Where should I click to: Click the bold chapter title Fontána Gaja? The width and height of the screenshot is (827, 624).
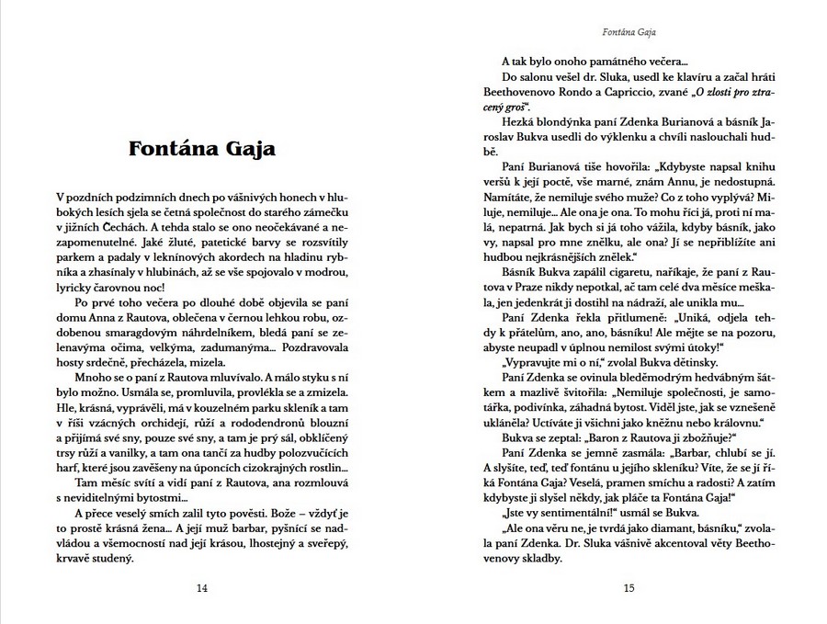point(201,148)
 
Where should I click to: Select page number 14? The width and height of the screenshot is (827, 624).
point(202,589)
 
